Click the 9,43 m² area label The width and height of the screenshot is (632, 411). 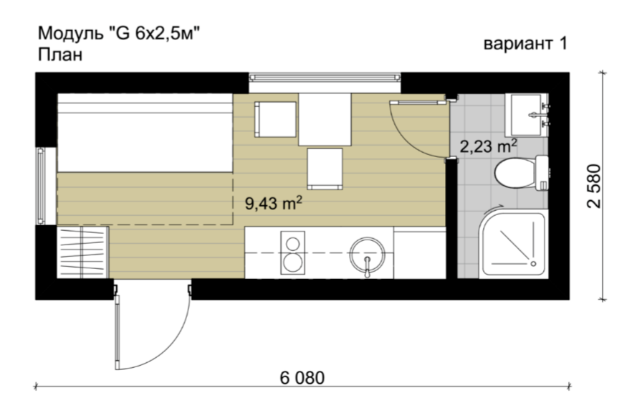click(x=274, y=203)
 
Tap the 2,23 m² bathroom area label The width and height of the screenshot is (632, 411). click(x=489, y=146)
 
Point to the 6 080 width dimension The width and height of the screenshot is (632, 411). click(x=302, y=378)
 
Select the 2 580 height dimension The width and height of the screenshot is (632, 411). click(x=594, y=186)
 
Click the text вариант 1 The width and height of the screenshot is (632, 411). click(x=525, y=43)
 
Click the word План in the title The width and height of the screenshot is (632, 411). click(x=60, y=55)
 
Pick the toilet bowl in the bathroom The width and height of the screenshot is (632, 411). click(x=521, y=174)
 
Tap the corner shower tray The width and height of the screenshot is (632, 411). click(x=513, y=244)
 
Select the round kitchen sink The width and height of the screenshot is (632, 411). click(x=367, y=254)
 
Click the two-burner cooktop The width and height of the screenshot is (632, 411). click(x=292, y=253)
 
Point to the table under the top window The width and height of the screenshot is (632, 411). click(x=325, y=119)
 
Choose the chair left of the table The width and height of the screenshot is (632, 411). click(x=275, y=119)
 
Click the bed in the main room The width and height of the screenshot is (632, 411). click(x=145, y=133)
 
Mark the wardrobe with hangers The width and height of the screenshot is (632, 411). click(x=82, y=252)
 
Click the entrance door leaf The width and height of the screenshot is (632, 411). click(x=118, y=331)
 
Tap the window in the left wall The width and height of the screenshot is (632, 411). click(x=41, y=186)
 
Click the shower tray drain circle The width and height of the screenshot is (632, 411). click(x=534, y=263)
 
